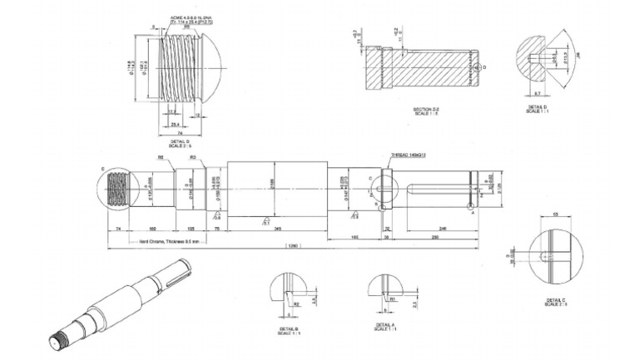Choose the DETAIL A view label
point(384,326)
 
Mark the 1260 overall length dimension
point(293,246)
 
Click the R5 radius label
point(160,157)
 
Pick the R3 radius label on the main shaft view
point(192,157)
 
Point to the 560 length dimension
point(152,227)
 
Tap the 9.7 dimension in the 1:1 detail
point(537,94)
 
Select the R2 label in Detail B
point(296,305)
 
